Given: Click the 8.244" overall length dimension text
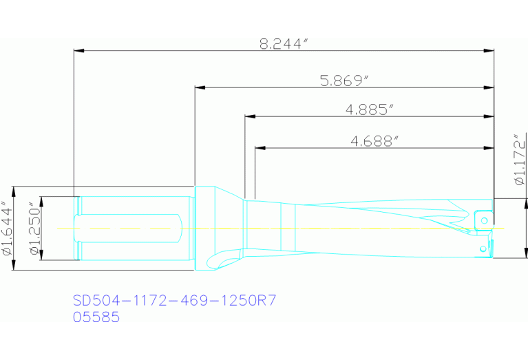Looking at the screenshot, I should (283, 43).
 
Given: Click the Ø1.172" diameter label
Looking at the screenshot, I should (520, 159).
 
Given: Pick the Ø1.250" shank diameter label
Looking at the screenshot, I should (34, 229).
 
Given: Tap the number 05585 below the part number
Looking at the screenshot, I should (96, 317).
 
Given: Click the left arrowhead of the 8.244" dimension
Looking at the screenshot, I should (78, 50).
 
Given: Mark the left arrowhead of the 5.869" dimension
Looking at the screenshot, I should (200, 88).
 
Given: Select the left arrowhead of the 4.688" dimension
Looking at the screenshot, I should (260, 147).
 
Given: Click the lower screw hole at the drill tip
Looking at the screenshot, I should (484, 246).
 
